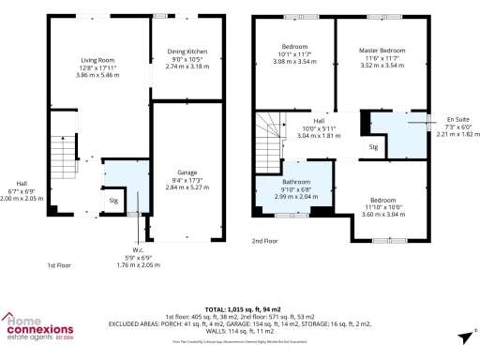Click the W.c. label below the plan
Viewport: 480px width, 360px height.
pos(138,248)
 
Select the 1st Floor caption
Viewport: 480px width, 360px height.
pos(59,266)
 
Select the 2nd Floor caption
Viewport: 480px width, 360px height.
pos(264,241)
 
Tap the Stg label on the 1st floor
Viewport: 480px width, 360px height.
pos(113,200)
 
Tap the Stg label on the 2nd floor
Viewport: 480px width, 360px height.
pos(372,147)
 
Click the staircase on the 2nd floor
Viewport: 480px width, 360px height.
pos(269,131)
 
